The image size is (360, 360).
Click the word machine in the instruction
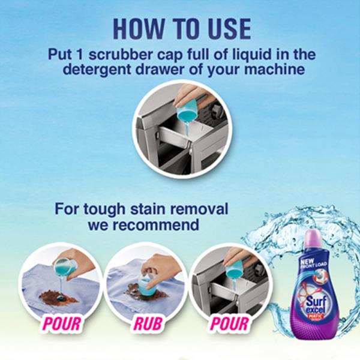(x=275, y=70)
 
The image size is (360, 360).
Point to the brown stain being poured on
(x=58, y=296)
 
